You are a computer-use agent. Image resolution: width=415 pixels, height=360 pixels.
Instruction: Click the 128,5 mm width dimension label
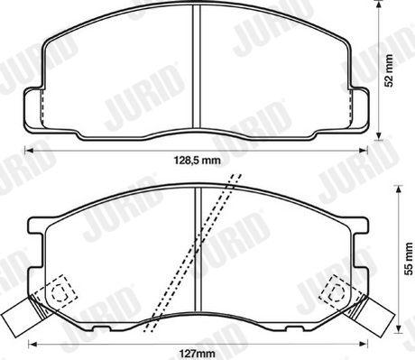[198, 161]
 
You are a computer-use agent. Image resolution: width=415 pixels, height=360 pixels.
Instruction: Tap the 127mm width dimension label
[198, 353]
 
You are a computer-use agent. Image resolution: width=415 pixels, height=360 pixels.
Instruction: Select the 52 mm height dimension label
[389, 70]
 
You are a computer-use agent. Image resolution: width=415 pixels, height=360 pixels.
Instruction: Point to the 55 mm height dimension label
[409, 259]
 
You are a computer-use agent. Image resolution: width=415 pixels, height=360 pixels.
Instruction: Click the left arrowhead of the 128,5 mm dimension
[28, 150]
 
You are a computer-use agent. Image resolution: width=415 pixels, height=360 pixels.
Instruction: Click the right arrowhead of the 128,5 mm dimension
[364, 150]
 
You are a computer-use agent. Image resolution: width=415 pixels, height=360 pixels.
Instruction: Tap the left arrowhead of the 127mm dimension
[32, 343]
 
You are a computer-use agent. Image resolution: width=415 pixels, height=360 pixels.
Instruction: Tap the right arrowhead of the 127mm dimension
[364, 343]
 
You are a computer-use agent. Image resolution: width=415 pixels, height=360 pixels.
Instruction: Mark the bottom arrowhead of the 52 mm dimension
[380, 136]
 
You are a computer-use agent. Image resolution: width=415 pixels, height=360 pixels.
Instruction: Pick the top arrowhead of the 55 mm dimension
[399, 189]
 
